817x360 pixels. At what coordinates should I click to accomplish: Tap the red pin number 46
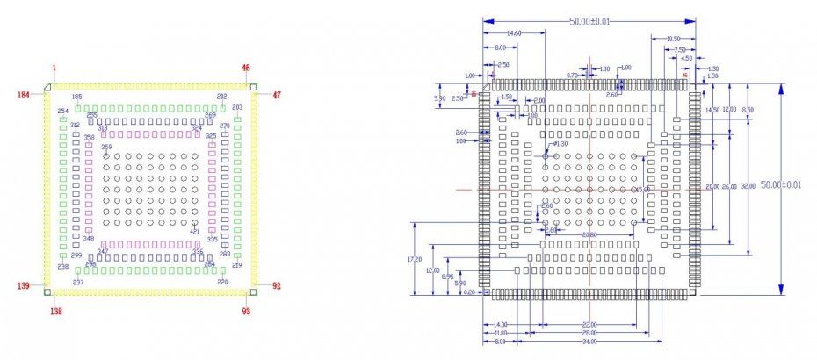[246, 68]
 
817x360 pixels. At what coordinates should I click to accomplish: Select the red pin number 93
[246, 310]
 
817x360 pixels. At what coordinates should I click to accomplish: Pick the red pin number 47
[276, 94]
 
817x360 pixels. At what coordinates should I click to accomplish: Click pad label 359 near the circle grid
[106, 148]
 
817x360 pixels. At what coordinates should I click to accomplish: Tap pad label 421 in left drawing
[194, 232]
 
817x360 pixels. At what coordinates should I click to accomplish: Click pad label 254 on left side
[62, 112]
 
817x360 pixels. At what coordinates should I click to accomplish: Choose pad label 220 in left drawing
[222, 282]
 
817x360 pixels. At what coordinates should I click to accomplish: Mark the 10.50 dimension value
[673, 39]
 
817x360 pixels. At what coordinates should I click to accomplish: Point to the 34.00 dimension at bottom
[589, 342]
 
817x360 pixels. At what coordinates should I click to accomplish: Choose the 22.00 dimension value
[589, 325]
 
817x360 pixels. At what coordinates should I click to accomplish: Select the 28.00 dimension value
[589, 334]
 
